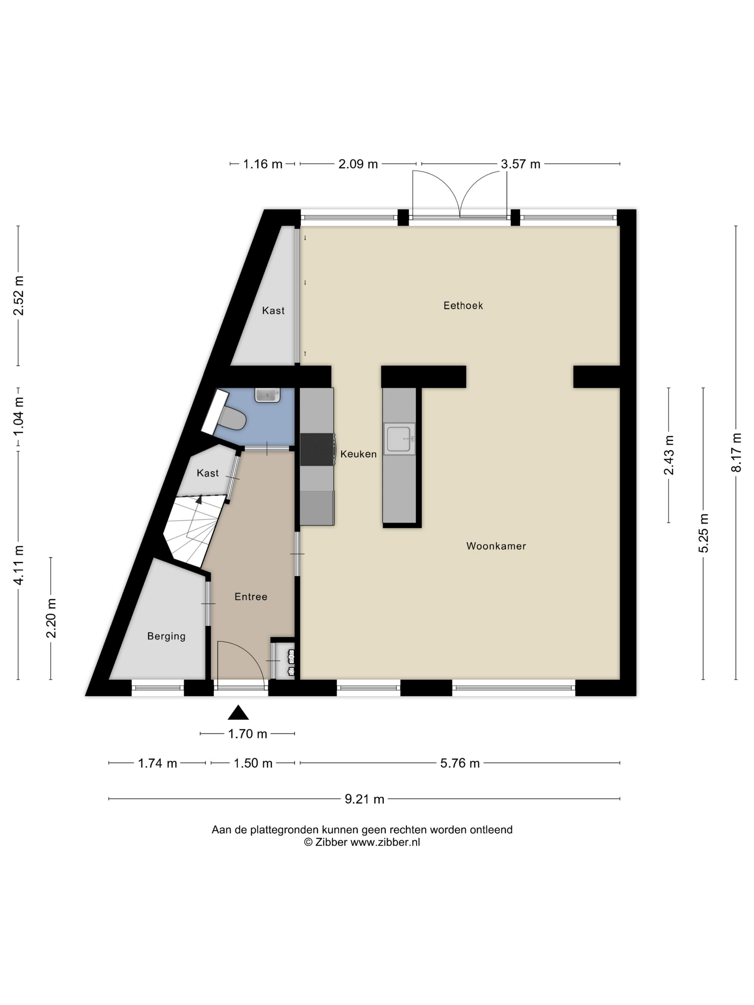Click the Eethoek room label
463,305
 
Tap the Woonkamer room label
496,546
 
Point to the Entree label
251,597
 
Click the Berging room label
166,636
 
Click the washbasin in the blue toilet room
267,395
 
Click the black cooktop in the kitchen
317,449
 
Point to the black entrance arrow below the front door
238,712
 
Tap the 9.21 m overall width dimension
364,799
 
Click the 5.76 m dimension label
460,763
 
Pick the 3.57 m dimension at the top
520,164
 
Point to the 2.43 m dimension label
669,455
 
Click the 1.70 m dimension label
248,734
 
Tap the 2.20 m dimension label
51,618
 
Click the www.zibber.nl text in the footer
385,842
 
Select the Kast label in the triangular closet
273,311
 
